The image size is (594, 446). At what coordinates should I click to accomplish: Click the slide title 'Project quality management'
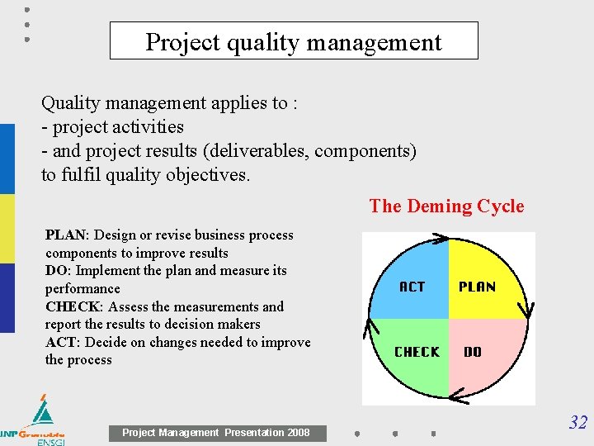click(294, 41)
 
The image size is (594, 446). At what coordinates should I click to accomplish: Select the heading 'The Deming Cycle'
click(446, 206)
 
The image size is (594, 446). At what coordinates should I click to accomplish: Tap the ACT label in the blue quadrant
click(412, 287)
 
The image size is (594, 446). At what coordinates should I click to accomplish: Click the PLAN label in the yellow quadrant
click(477, 287)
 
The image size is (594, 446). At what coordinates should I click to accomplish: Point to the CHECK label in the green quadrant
click(417, 352)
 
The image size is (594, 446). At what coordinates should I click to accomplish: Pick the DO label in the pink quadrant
click(473, 352)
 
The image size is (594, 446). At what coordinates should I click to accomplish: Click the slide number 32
click(577, 423)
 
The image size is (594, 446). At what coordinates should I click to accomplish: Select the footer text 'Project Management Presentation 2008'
click(216, 433)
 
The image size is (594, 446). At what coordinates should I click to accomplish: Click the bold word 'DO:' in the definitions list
click(58, 271)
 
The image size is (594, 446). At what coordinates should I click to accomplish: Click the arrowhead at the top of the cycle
click(441, 240)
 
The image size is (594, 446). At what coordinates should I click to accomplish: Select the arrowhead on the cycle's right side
click(528, 311)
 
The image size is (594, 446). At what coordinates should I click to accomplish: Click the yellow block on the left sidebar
click(7, 229)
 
